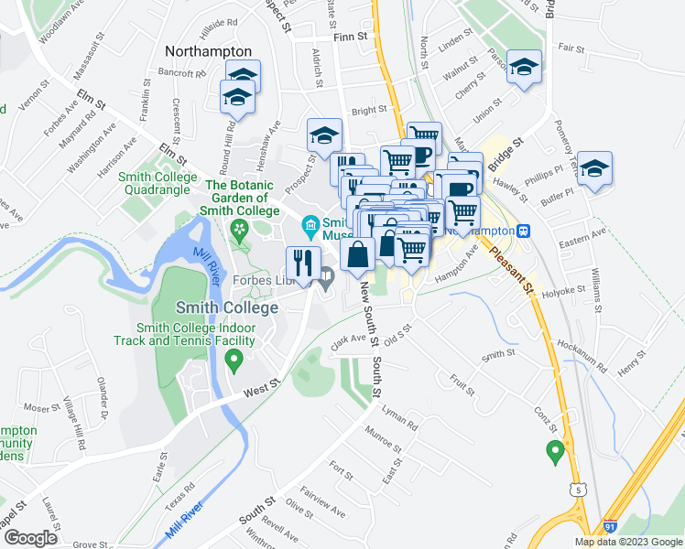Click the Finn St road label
click(x=351, y=38)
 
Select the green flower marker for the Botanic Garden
click(x=241, y=228)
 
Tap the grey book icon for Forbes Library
click(x=326, y=273)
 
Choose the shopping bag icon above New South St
click(x=357, y=254)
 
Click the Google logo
click(x=30, y=537)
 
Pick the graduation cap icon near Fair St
click(x=526, y=67)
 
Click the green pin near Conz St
click(x=554, y=450)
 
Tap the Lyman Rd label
click(x=400, y=418)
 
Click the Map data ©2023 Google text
click(x=627, y=542)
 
